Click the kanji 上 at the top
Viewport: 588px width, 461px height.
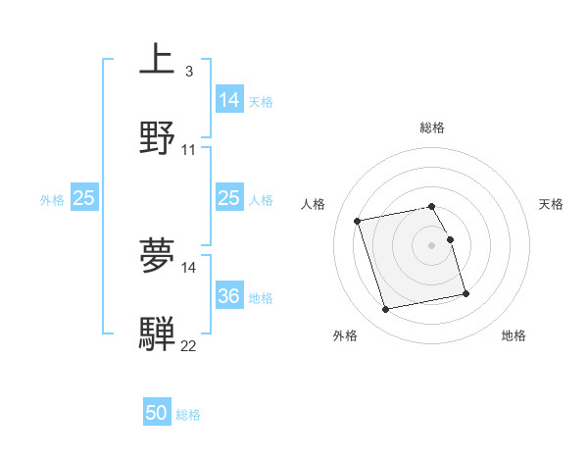click(x=157, y=60)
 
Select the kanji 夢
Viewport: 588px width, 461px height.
click(x=157, y=256)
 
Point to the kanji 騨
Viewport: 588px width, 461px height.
click(x=157, y=333)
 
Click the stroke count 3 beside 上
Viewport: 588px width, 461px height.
click(x=188, y=72)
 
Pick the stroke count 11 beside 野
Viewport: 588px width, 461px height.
click(x=189, y=150)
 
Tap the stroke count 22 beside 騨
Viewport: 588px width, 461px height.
click(x=189, y=346)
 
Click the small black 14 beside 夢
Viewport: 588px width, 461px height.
click(x=189, y=267)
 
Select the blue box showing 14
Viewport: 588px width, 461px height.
click(x=228, y=99)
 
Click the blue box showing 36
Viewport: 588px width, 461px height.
click(x=228, y=295)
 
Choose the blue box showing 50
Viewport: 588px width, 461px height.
click(x=157, y=413)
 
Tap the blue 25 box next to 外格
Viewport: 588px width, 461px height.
click(x=84, y=198)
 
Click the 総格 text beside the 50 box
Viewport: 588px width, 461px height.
click(x=189, y=415)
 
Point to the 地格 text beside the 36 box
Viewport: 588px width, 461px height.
click(x=261, y=297)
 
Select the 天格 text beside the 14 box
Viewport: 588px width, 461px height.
click(x=261, y=101)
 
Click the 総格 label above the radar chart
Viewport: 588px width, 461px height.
click(x=432, y=128)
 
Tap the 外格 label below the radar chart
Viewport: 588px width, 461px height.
click(x=345, y=335)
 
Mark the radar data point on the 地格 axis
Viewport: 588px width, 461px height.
click(x=465, y=294)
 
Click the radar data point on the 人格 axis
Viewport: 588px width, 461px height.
click(x=358, y=220)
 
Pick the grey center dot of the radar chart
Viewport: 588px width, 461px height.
click(x=432, y=244)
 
